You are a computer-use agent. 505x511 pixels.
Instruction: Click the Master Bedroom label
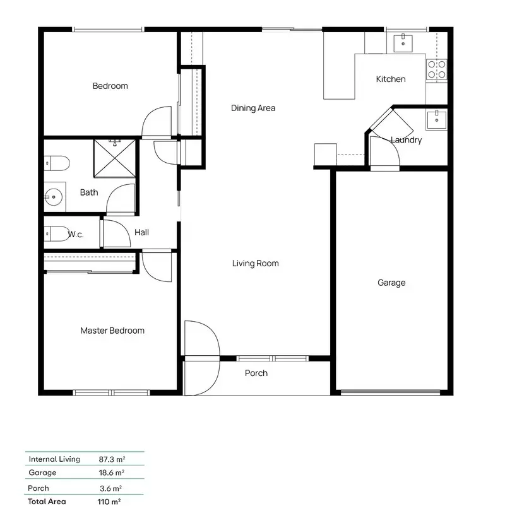pos(112,331)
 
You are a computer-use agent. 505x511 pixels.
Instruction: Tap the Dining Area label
pos(253,108)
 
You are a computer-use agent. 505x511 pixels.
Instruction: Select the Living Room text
pos(255,263)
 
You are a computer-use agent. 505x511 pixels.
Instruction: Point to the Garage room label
pos(391,283)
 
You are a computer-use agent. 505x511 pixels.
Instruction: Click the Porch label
pos(256,373)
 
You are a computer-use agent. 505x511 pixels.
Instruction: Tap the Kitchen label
pos(391,79)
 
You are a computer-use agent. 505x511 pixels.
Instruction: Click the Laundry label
pos(407,140)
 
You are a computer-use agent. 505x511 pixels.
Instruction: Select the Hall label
pos(141,232)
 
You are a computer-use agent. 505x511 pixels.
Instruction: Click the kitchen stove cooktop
pos(436,70)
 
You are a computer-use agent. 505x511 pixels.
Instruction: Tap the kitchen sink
pos(403,43)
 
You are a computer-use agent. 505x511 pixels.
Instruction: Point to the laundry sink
pos(437,120)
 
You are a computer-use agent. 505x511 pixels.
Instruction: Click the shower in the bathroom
pos(114,158)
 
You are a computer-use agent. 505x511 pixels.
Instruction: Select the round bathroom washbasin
pos(54,197)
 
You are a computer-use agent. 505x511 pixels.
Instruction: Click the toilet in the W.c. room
pos(56,234)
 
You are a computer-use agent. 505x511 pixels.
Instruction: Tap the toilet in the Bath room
pos(57,163)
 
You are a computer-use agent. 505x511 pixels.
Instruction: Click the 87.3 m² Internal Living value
pos(112,459)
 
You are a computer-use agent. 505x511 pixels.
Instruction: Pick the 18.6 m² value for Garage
pos(112,473)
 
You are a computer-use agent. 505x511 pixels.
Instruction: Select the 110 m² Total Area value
pos(109,502)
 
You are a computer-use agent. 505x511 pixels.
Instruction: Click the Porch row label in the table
pos(39,488)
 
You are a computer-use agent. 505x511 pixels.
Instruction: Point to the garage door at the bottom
pos(391,392)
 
